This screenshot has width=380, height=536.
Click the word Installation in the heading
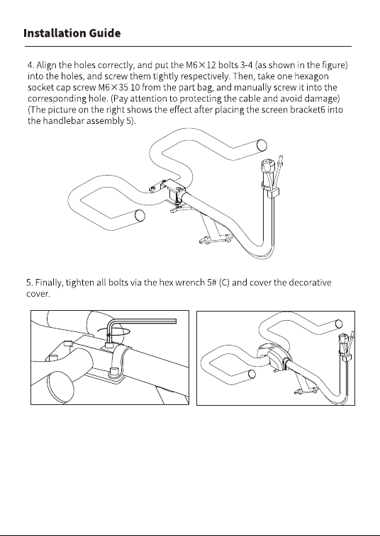(55, 33)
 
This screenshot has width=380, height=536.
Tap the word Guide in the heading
(105, 33)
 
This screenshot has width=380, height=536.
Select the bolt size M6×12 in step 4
(201, 65)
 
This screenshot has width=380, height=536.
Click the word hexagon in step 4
(311, 76)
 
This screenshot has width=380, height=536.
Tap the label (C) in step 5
(224, 283)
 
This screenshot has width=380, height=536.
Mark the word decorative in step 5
(310, 283)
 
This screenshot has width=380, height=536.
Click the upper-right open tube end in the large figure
(262, 145)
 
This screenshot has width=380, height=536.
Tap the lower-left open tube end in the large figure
(140, 216)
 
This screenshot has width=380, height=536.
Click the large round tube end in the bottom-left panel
(60, 387)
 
